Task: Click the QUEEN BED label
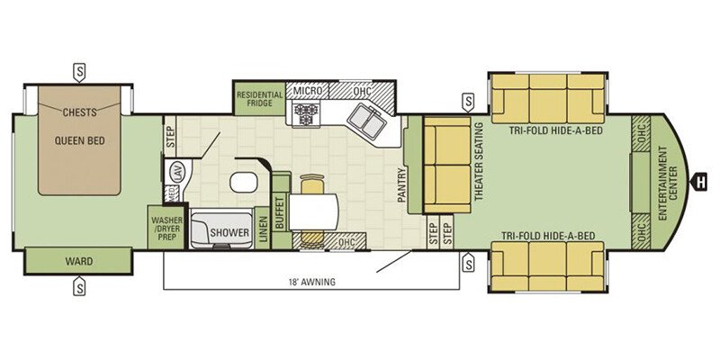80,141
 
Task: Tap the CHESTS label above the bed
80,112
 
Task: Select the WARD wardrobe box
78,261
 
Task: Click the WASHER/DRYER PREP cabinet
167,228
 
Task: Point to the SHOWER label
229,232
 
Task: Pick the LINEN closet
263,229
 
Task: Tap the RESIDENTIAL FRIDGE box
259,99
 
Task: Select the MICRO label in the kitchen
308,91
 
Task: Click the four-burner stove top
306,114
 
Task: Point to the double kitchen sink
366,120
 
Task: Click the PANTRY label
402,185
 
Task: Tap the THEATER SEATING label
479,161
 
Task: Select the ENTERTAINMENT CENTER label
668,183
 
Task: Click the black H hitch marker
700,183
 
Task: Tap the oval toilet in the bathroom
243,183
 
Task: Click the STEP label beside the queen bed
170,137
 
